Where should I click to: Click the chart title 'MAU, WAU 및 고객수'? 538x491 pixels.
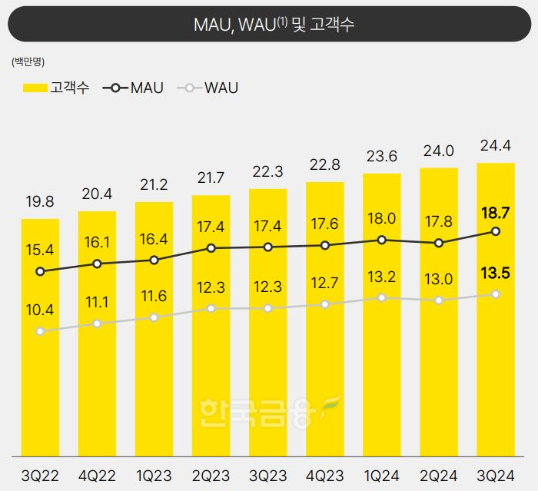[x=269, y=25]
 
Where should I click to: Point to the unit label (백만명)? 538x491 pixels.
[x=28, y=61]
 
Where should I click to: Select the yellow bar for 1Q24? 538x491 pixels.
[x=382, y=353]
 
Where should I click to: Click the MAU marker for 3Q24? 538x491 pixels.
[x=496, y=231]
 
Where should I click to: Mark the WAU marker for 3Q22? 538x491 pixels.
[x=40, y=331]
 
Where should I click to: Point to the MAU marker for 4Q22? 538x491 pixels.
[x=97, y=264]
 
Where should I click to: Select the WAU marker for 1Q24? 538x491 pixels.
[x=382, y=297]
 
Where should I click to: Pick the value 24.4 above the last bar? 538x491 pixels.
[x=496, y=146]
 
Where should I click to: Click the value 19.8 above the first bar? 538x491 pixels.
[x=40, y=202]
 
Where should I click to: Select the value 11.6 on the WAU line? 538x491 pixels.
[x=154, y=295]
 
